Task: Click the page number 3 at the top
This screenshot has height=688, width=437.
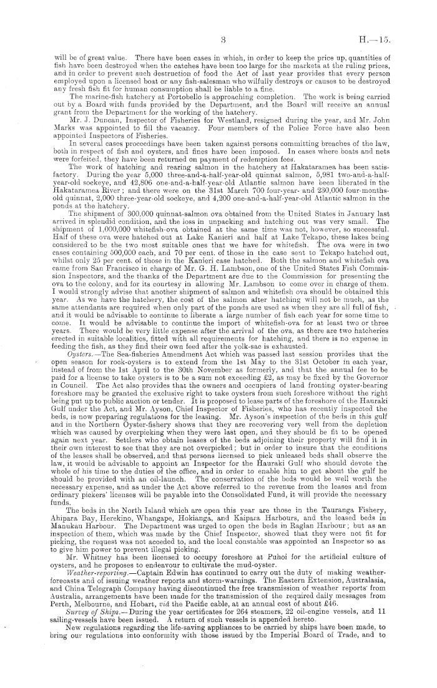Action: click(x=222, y=39)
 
